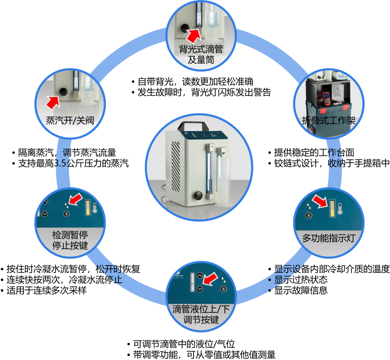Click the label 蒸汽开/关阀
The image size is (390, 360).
pos(70,120)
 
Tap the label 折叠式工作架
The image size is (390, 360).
pos(329,120)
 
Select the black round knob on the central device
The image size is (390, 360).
pos(198,195)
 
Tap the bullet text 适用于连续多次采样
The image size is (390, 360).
pos(47,290)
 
